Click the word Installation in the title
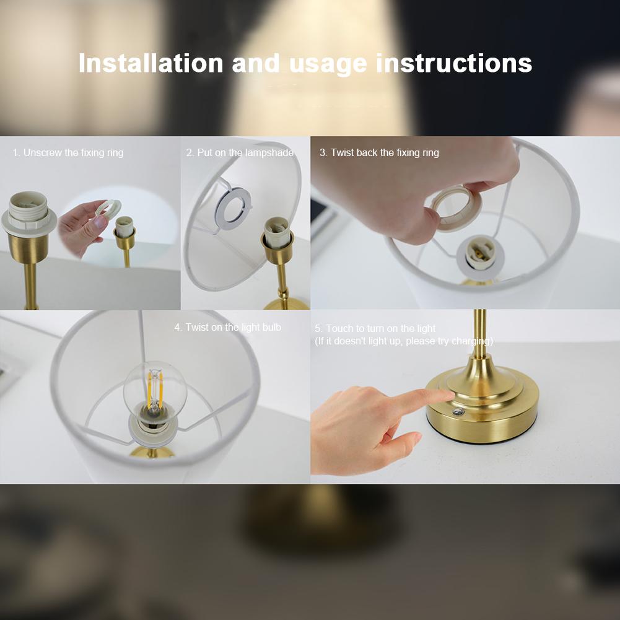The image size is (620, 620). pos(151,64)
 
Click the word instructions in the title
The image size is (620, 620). pos(453,64)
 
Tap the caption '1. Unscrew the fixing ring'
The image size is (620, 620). pos(68,152)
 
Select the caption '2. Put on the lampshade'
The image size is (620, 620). pos(240,152)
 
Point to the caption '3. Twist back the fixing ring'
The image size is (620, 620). pos(379,152)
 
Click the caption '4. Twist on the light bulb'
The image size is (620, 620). pos(227,327)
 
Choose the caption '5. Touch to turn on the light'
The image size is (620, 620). pos(375,328)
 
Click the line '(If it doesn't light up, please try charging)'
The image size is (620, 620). pos(404,341)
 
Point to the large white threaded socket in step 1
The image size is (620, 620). pos(28,214)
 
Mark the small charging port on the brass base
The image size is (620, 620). pos(457,412)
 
